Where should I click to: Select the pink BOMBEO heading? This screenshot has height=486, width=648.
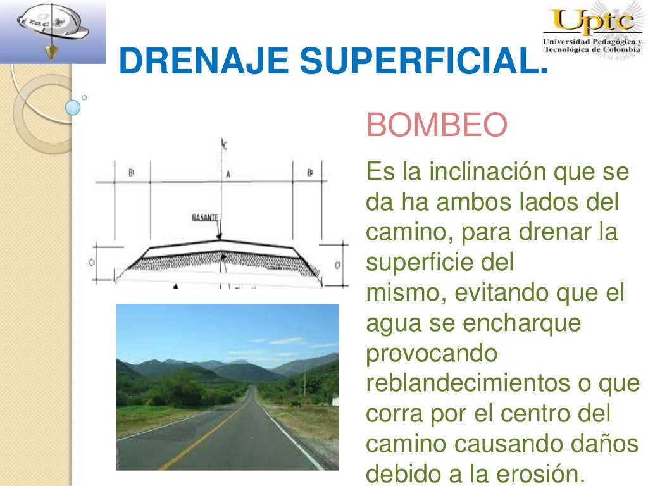437,125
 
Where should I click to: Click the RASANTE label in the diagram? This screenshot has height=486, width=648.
205,217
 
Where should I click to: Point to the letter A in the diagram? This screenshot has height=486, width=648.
228,173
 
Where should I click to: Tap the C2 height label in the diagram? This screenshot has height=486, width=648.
337,265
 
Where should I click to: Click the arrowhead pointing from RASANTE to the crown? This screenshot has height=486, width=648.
218,235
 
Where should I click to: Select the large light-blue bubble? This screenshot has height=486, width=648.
73,107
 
